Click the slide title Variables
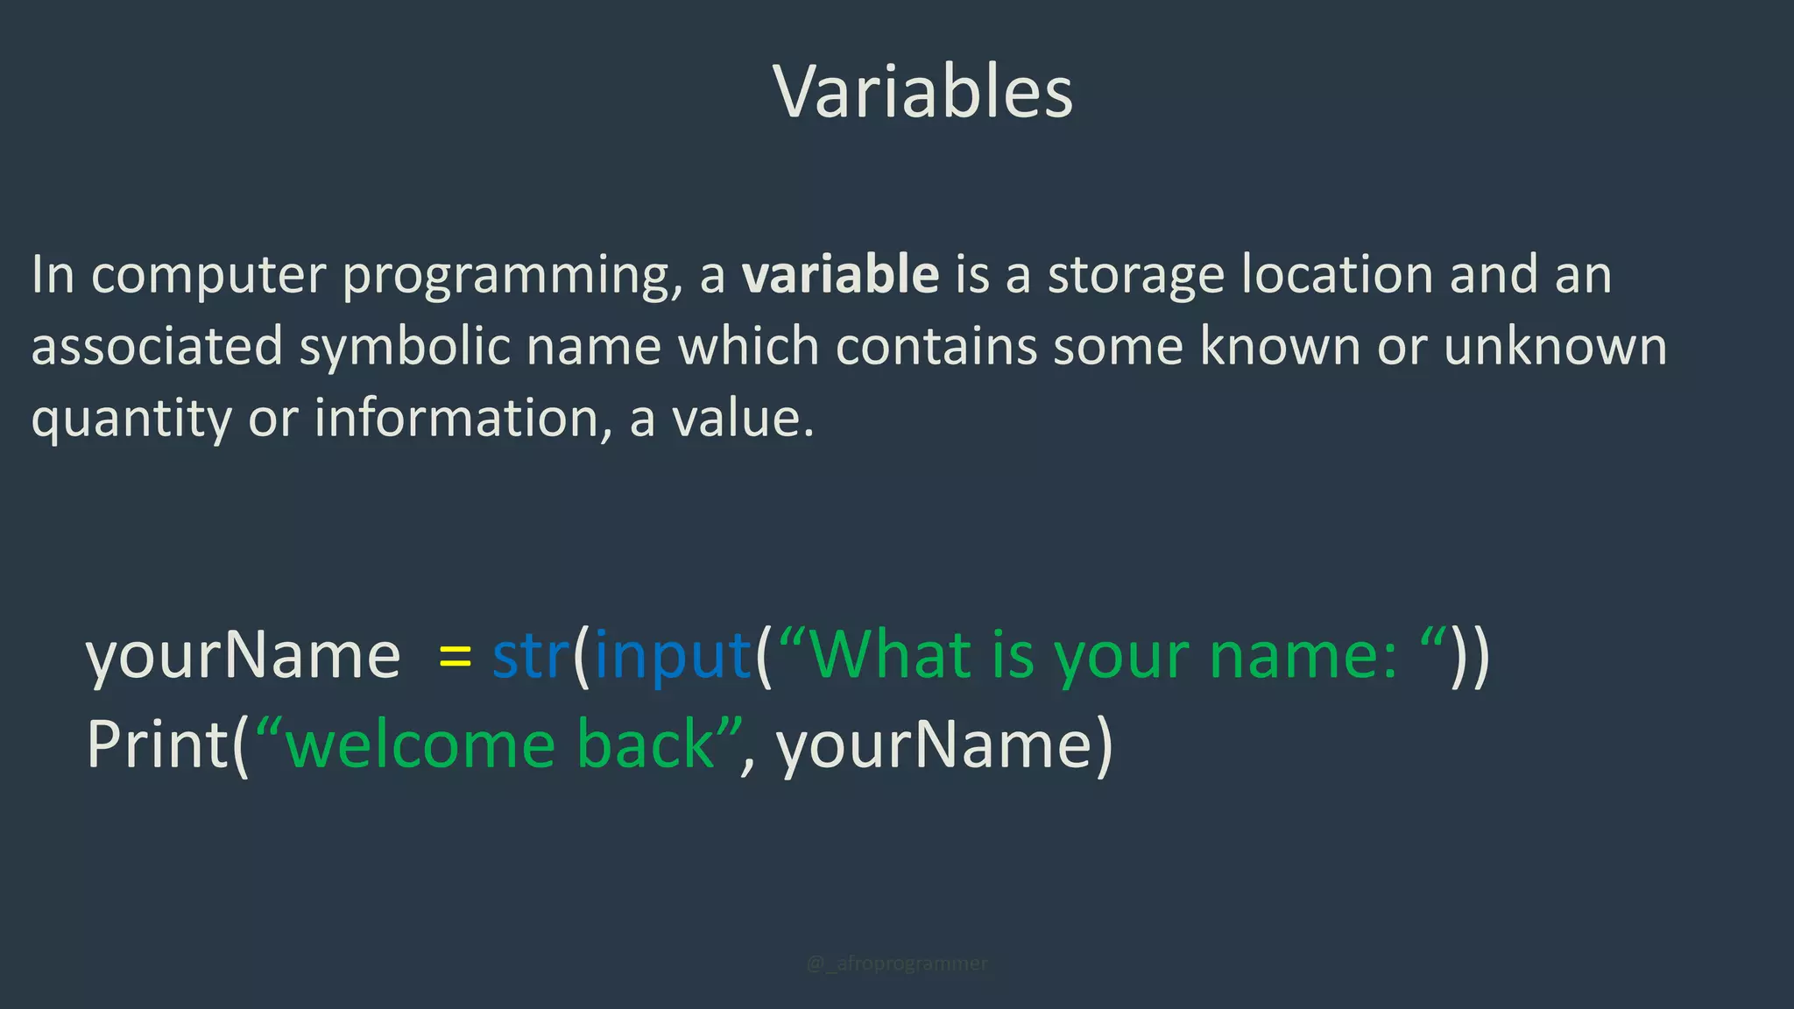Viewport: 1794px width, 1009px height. [922, 92]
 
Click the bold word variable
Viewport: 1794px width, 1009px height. [840, 274]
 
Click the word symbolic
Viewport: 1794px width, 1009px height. [405, 347]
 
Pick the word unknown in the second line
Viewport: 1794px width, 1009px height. [1555, 347]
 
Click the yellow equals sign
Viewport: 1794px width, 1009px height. [455, 657]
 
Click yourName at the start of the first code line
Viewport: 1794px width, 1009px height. [243, 657]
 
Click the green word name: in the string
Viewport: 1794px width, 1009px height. [1303, 657]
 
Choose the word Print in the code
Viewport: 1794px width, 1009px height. [158, 745]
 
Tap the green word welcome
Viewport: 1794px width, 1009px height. [421, 745]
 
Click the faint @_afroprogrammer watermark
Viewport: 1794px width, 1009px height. [896, 963]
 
